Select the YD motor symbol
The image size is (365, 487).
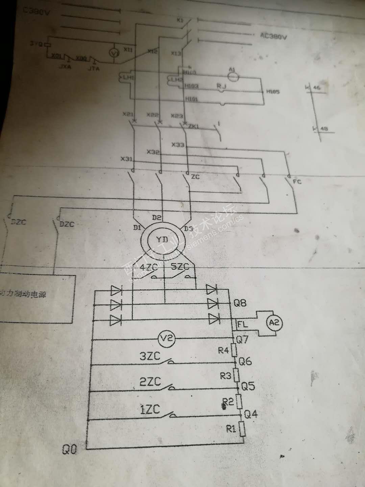(x=162, y=239)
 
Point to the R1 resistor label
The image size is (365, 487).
(x=231, y=429)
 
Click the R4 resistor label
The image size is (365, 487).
(x=223, y=350)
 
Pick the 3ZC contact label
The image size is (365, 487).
(x=150, y=356)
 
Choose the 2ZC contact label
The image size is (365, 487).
(x=150, y=381)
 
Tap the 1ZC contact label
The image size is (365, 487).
(x=150, y=409)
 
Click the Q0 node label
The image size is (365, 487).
(x=69, y=449)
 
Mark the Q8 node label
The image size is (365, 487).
(x=240, y=303)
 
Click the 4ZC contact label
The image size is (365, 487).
(x=149, y=267)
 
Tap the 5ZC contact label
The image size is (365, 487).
(x=180, y=266)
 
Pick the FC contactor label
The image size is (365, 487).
(x=297, y=182)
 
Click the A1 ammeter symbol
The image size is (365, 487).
(x=232, y=77)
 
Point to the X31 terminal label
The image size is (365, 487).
(x=126, y=158)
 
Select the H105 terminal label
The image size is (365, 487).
(x=273, y=92)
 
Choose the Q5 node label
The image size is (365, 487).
(x=248, y=386)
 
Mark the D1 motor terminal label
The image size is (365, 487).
(x=137, y=228)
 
